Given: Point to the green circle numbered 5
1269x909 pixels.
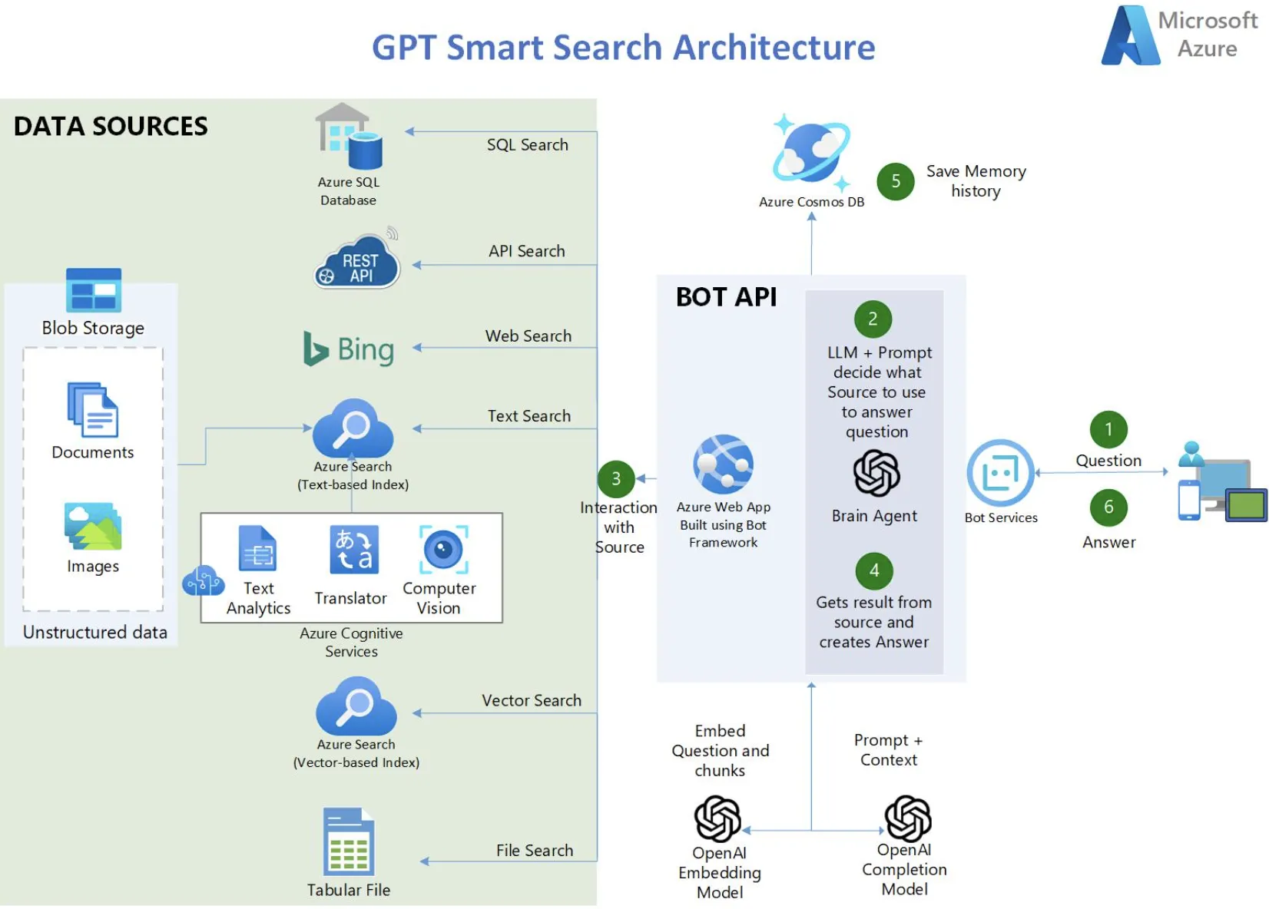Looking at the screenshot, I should [896, 181].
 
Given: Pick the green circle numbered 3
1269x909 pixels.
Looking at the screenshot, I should [616, 479].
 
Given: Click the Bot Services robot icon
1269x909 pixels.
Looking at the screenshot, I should [1000, 473].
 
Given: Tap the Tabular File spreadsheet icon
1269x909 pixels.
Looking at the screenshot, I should [349, 842].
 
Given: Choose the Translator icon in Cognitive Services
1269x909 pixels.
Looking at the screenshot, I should [354, 550].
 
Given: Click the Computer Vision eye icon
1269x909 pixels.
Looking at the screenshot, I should [443, 550].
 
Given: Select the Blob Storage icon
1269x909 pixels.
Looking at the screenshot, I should [94, 290].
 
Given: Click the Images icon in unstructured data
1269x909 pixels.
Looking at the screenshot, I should [93, 527].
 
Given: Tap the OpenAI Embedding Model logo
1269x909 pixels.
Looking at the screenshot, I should [717, 818].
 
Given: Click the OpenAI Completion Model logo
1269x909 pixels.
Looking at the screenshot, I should [908, 818].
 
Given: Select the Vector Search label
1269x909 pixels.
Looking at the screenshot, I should [532, 700].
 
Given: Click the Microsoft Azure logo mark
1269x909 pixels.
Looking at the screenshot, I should [1130, 36].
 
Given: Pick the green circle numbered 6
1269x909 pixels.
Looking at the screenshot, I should [1108, 507].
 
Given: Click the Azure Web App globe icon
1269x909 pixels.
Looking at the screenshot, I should [723, 464].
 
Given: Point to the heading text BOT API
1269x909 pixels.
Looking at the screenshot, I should [726, 297].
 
